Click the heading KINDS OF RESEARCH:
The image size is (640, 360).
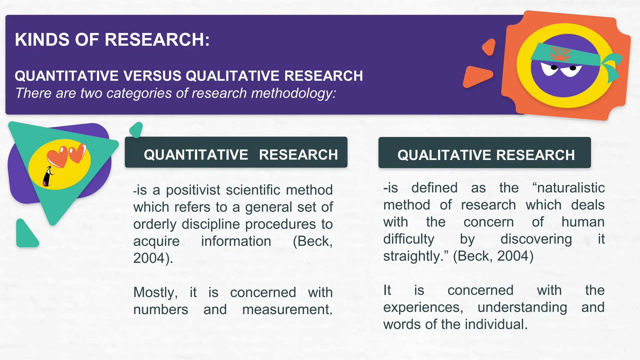[112, 40]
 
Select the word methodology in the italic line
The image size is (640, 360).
[293, 93]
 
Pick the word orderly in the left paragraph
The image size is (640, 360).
[155, 224]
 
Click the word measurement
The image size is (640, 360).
[287, 310]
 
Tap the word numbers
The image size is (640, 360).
[161, 310]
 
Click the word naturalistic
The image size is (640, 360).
[568, 188]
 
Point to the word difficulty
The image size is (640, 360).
[409, 239]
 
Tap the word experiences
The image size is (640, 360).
[423, 307]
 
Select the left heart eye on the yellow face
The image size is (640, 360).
[57, 156]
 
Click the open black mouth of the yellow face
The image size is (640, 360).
[47, 178]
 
